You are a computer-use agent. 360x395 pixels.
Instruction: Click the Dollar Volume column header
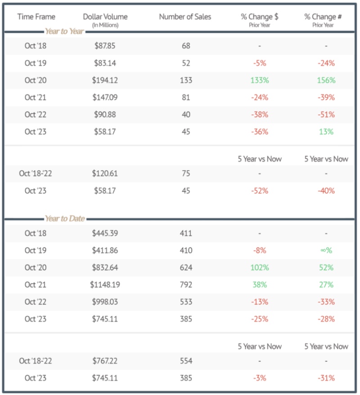pyautogui.click(x=105, y=17)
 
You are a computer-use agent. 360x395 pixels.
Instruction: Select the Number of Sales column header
pyautogui.click(x=185, y=17)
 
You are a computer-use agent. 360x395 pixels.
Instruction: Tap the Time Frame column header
pyautogui.click(x=36, y=17)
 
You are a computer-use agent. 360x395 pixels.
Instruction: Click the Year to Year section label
pyautogui.click(x=64, y=32)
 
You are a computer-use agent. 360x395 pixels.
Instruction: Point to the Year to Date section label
pyautogui.click(x=64, y=219)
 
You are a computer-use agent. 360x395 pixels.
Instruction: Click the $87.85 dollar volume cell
pyautogui.click(x=104, y=46)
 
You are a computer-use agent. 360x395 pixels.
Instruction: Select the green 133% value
pyautogui.click(x=260, y=80)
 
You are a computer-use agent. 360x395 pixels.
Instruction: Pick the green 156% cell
pyautogui.click(x=326, y=80)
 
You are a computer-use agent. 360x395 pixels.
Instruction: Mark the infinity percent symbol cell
pyautogui.click(x=326, y=250)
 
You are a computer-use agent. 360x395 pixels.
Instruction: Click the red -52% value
pyautogui.click(x=260, y=191)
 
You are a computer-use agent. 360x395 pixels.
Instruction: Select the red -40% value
pyautogui.click(x=326, y=191)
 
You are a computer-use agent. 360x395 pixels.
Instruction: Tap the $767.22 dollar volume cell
pyautogui.click(x=105, y=361)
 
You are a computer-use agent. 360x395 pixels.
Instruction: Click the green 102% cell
pyautogui.click(x=260, y=268)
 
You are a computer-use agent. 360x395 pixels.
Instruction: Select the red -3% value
pyautogui.click(x=260, y=378)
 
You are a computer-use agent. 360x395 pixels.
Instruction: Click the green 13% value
pyautogui.click(x=326, y=132)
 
